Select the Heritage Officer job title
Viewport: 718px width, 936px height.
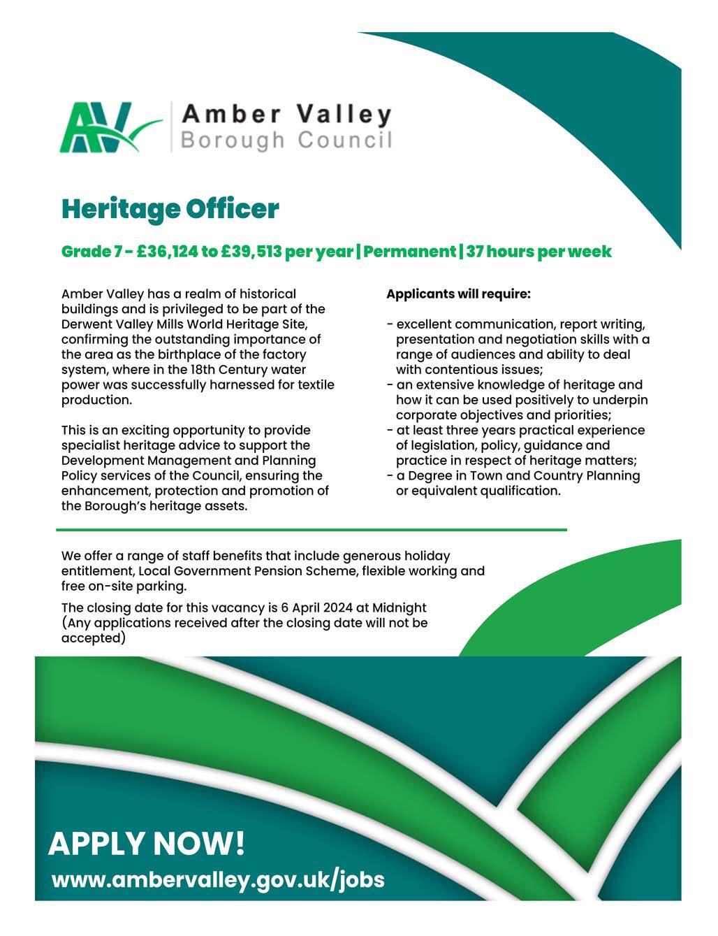170,208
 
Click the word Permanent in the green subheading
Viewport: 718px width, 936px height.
409,252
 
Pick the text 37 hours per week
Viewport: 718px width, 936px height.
538,252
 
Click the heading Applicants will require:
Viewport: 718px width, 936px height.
458,294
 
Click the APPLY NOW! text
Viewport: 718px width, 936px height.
147,844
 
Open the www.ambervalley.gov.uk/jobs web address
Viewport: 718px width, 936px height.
218,879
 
